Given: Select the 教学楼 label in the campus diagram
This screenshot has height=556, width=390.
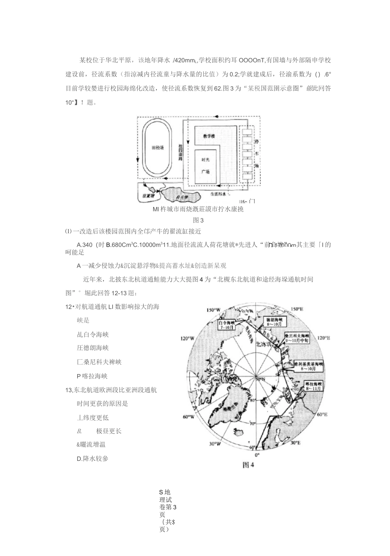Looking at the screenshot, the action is [209, 136].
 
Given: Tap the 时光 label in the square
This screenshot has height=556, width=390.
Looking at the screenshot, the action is [205, 160].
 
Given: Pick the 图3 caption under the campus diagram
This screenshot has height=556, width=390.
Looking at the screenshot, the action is [198, 220].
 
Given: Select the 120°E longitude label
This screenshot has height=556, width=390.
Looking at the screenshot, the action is [324, 339].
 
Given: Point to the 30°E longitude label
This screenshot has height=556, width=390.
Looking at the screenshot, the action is [295, 443].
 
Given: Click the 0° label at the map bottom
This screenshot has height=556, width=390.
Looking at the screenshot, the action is [257, 455].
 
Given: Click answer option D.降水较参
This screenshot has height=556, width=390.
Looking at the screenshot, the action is [92, 458].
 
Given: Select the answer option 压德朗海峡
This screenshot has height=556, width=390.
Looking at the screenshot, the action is [93, 348].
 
